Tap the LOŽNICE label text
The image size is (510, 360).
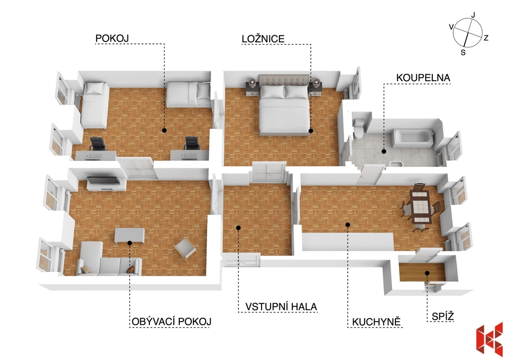coord(263,39)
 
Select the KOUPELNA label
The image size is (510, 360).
coord(423,78)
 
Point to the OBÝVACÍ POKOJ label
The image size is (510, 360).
coord(171,322)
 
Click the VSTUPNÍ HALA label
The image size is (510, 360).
coord(281,307)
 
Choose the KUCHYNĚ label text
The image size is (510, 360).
coord(377,322)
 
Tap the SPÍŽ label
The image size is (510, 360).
coord(443,316)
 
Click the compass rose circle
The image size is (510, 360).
coord(467,32)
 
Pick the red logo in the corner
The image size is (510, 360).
coord(489,338)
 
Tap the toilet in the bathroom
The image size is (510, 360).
coord(359,129)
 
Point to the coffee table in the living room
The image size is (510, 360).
coord(129,236)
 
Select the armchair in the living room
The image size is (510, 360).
coord(185,249)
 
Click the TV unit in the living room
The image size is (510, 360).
coord(107,184)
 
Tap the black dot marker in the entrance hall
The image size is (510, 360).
coord(239,228)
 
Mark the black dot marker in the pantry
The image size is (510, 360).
coord(427,273)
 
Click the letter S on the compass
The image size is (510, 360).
coord(463,52)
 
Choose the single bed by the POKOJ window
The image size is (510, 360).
coord(95,105)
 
